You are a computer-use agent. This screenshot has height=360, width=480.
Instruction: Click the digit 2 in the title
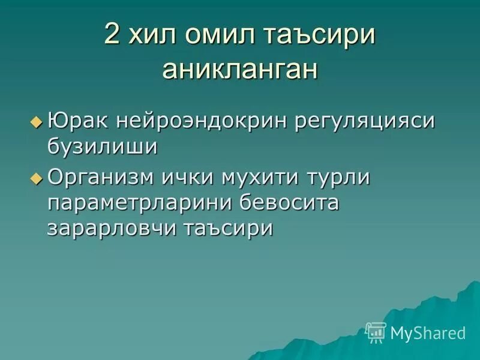(112, 35)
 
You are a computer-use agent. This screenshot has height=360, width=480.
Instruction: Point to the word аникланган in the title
(240, 70)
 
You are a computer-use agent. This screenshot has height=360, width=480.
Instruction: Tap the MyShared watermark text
(428, 332)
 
